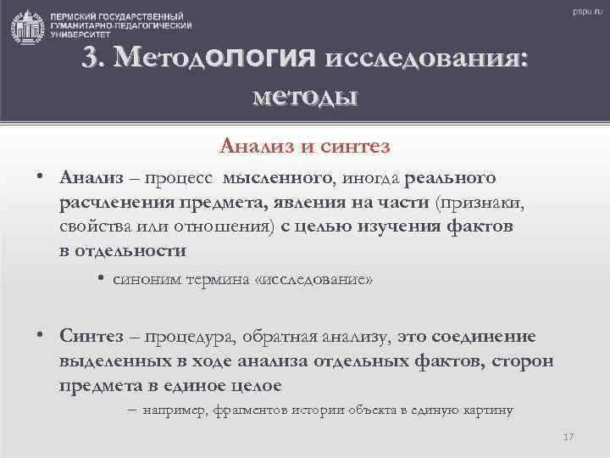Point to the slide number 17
tap(568, 437)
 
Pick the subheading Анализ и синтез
tap(305, 147)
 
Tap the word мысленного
tap(276, 178)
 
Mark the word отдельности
tap(130, 251)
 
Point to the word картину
tap(489, 411)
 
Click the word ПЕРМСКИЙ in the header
tap(73, 16)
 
